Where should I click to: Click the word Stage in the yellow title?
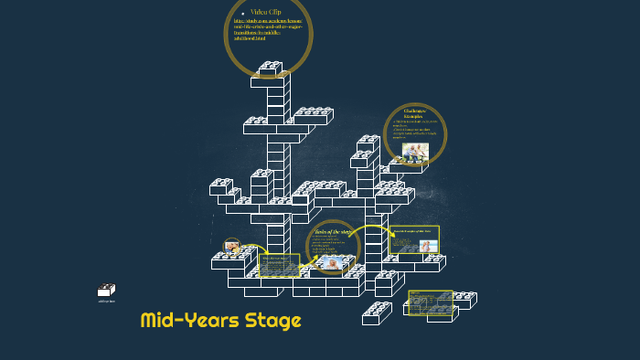(272, 321)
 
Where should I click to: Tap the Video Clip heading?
(266, 11)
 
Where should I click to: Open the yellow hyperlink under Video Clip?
(267, 29)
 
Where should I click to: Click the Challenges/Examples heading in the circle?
(416, 114)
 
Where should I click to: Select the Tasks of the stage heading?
(335, 232)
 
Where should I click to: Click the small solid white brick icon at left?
(107, 291)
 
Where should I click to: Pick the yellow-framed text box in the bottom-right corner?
(430, 302)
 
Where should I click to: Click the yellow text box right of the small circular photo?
(280, 265)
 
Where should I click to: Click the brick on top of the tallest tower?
(271, 68)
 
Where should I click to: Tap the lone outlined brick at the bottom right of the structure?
(377, 313)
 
